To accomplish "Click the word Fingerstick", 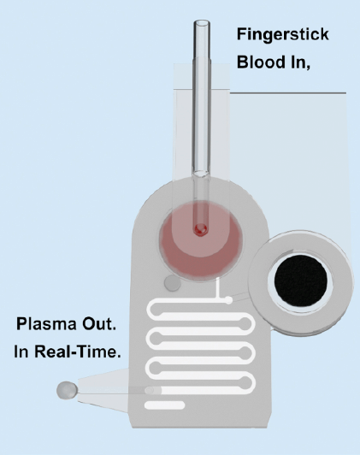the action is tap(282, 35).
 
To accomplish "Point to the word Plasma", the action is tap(46, 324).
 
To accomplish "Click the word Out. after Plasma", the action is tap(99, 324).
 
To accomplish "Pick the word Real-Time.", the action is tap(78, 352).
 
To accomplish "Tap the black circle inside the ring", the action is tap(301, 281).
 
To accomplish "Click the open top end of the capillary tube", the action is tap(202, 23).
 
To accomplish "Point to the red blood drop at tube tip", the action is tap(201, 229).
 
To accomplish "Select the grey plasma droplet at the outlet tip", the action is tap(67, 390).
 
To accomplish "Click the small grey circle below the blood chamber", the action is tap(173, 283).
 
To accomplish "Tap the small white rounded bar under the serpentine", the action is tap(164, 405).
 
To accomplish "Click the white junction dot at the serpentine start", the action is tap(228, 299).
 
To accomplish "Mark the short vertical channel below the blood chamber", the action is tap(217, 288).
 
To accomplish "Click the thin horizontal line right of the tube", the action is tap(288, 93).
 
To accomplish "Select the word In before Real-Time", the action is tap(21, 352).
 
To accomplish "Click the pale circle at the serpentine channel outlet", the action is tap(150, 390).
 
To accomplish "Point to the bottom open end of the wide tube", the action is tap(202, 174).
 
